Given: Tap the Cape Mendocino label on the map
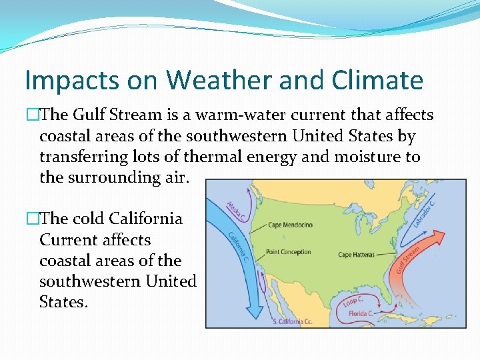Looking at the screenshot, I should tap(290, 225).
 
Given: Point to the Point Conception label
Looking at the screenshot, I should tap(288, 252).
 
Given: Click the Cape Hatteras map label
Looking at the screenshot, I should tap(357, 255).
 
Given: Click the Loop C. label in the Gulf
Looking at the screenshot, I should tap(354, 302).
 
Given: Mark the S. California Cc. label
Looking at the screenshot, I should tap(292, 322).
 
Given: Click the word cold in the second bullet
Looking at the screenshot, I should tap(88, 219).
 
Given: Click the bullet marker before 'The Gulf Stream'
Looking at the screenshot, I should tap(31, 115).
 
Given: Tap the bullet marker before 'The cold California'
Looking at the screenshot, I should tap(31, 219).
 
